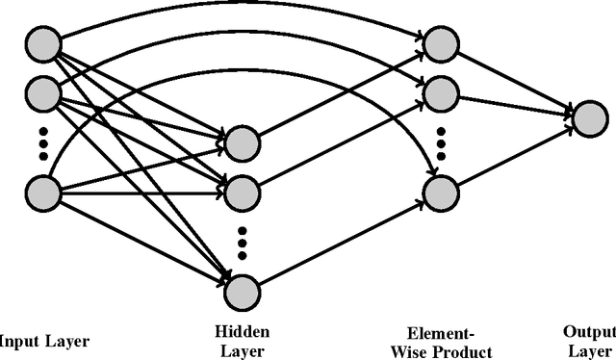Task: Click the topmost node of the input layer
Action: point(43,42)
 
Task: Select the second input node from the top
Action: point(43,93)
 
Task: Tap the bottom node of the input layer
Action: point(43,190)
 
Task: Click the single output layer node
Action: point(588,116)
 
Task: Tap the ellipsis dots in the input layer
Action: point(43,141)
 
